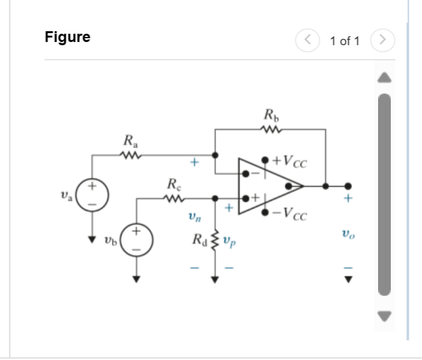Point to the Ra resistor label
(x=129, y=139)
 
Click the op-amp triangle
(x=267, y=186)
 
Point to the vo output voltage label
(x=348, y=235)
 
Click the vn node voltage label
(x=193, y=218)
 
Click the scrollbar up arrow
(x=384, y=78)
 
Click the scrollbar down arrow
(x=384, y=315)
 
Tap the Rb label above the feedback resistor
(x=271, y=116)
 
